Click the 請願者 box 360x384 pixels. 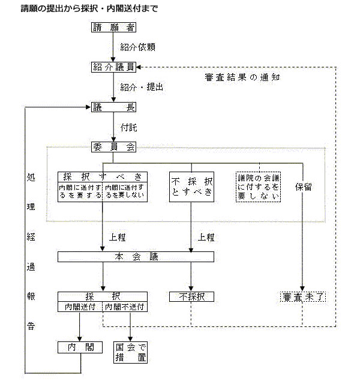(x=113, y=28)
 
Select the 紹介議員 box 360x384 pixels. (x=113, y=67)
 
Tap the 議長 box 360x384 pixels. (x=113, y=107)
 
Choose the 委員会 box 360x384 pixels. (x=113, y=146)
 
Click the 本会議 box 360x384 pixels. (x=136, y=257)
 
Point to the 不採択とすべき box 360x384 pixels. (x=191, y=187)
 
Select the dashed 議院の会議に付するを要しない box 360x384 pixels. (x=259, y=187)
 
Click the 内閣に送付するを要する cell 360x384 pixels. (x=80, y=191)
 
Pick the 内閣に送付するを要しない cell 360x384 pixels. (x=125, y=191)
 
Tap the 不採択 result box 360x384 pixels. (x=191, y=296)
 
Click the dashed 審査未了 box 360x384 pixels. (x=302, y=296)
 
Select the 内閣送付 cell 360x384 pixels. (x=80, y=307)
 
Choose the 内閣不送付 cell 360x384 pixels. (x=125, y=307)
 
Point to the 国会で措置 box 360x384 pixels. (x=131, y=353)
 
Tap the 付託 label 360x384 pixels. (x=128, y=128)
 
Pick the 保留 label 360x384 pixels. (x=303, y=187)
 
